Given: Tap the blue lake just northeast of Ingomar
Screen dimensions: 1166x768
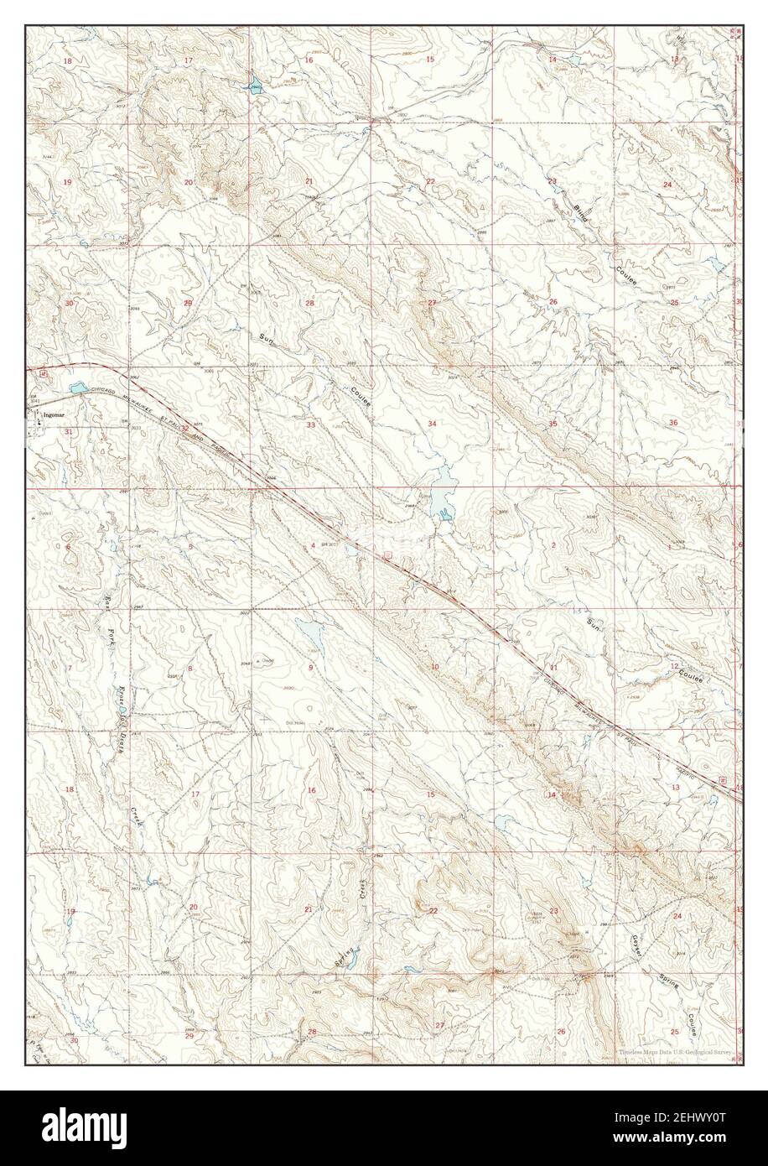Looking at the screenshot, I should [77, 388].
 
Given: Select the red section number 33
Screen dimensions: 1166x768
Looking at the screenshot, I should [310, 425].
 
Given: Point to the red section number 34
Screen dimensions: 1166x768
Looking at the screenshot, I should [432, 424].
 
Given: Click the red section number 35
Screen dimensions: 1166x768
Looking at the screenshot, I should [553, 424].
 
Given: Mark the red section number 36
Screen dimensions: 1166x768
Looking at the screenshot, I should [673, 423].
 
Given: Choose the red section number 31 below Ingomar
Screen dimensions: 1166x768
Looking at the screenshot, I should [68, 431].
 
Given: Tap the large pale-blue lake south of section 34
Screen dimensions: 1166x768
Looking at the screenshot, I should [439, 501].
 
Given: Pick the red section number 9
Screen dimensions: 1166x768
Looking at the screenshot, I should [311, 667].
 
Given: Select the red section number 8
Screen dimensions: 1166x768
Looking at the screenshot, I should [189, 669].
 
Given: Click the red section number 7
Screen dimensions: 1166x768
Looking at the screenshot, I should [69, 668].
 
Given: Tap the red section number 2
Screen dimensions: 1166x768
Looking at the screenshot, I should [553, 545].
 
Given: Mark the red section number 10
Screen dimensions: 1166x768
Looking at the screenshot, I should [433, 667].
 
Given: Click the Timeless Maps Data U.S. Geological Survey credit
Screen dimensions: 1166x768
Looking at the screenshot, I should [676, 1052].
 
